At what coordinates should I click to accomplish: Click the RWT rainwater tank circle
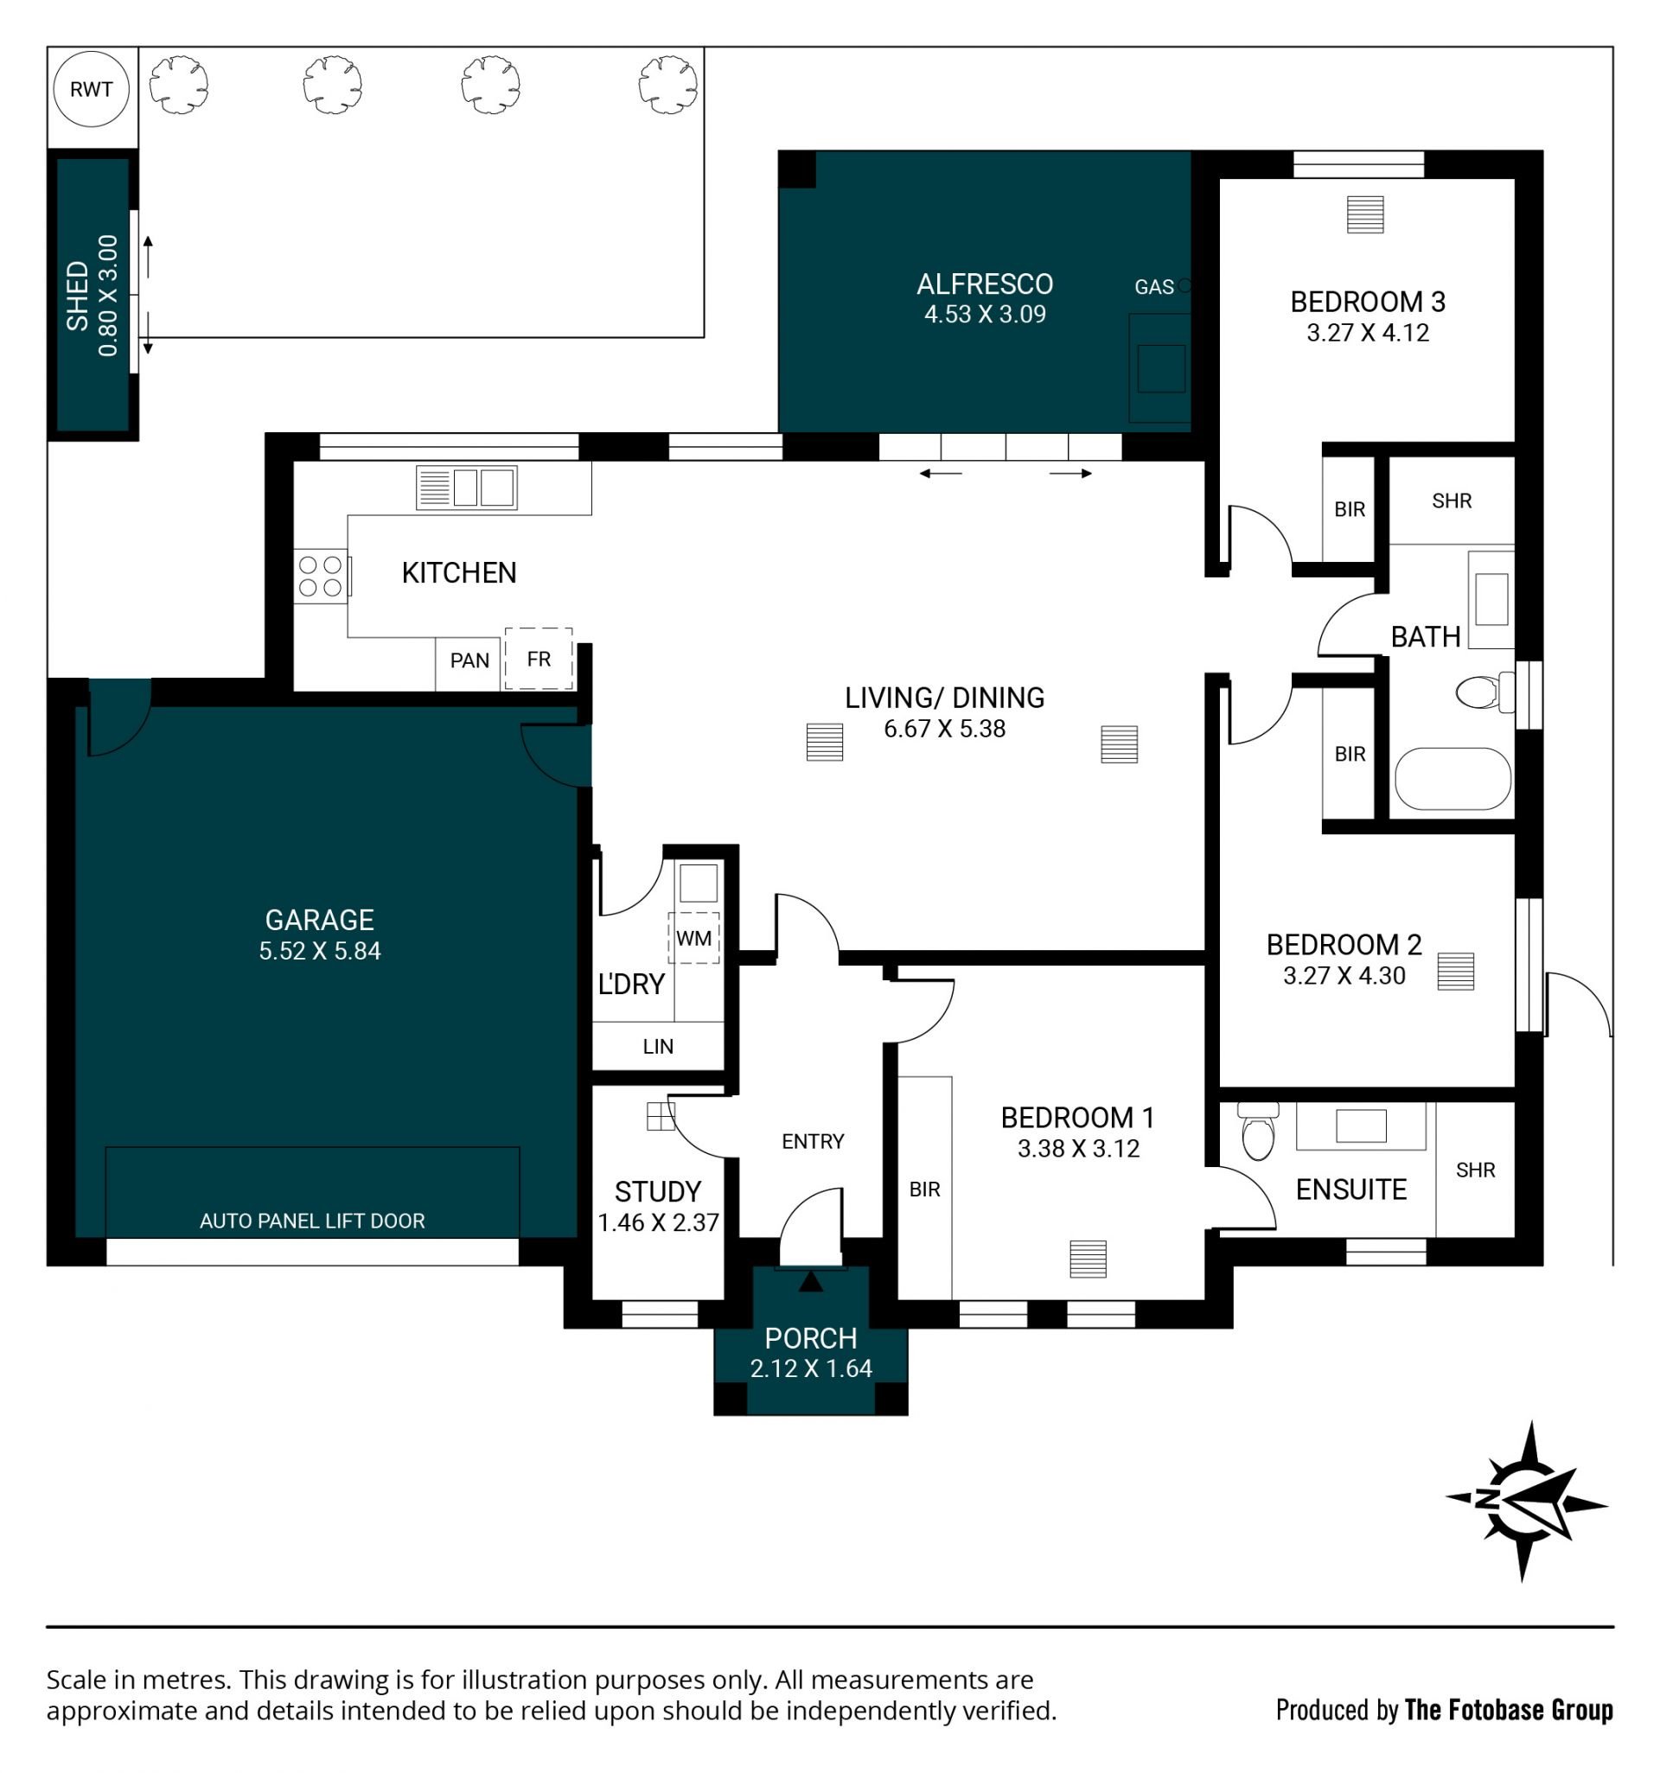click(91, 88)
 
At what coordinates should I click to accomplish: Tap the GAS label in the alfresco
click(1153, 287)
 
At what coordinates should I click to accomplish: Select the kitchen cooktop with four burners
click(320, 575)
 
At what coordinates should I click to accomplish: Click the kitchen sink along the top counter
click(467, 488)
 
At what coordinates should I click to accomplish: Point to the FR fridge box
click(538, 659)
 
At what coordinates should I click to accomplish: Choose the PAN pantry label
click(469, 660)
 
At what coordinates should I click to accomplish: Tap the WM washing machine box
click(693, 937)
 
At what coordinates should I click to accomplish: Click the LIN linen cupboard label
click(657, 1046)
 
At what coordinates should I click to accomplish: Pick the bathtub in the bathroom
click(1452, 779)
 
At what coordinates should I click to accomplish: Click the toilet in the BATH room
click(1484, 692)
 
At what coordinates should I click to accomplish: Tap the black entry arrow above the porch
click(810, 1282)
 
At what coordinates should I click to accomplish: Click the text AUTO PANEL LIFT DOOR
click(312, 1221)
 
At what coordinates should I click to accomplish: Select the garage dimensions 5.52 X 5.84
click(319, 951)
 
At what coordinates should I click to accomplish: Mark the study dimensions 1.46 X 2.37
click(657, 1222)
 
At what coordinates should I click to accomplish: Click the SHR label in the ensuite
click(1474, 1170)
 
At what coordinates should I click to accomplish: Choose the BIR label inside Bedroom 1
click(924, 1189)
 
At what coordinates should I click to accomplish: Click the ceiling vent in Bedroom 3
click(1365, 215)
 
